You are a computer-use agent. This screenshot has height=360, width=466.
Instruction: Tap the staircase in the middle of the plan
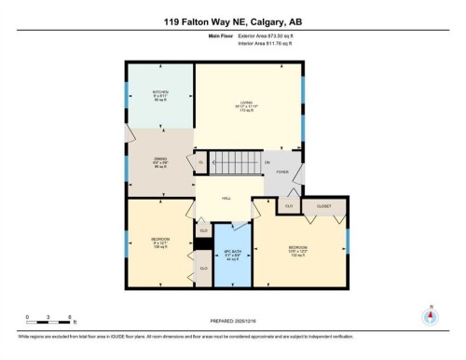[233, 165]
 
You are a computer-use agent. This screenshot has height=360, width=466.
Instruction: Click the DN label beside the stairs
[267, 164]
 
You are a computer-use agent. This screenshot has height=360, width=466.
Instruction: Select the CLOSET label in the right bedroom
[324, 205]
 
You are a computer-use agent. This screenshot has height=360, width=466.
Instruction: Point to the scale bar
[50, 323]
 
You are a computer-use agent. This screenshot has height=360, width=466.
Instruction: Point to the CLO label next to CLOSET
[290, 206]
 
